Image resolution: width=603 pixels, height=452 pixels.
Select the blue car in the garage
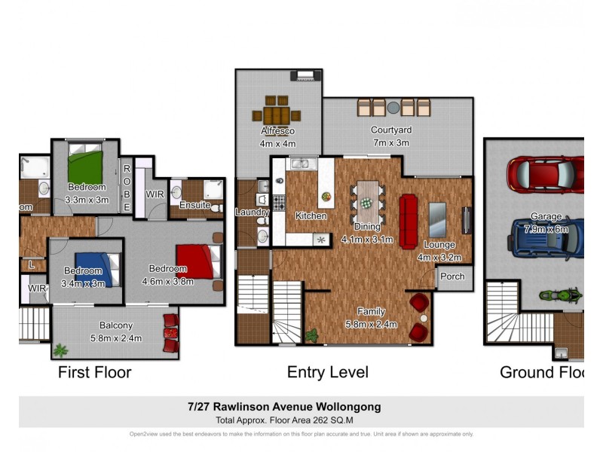coord(546,238)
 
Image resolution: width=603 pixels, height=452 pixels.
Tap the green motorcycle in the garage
coord(565,295)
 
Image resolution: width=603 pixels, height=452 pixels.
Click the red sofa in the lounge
coord(409,221)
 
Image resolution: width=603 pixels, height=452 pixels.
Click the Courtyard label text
coord(390,130)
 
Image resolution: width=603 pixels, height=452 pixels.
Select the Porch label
coord(452,276)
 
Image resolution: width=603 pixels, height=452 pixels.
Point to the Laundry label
coord(252,212)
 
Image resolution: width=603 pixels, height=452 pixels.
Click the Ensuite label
coord(194,205)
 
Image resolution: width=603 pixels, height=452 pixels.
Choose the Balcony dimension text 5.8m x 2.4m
coord(116,337)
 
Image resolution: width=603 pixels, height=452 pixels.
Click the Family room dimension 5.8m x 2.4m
coord(371,323)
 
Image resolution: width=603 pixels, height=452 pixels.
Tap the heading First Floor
coord(95,372)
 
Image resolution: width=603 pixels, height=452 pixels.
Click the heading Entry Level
coord(327,372)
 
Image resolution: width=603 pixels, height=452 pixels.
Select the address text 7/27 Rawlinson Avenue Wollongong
coord(284,407)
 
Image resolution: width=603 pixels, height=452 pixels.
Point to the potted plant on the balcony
coord(60,350)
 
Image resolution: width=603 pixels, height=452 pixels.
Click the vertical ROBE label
coord(127,187)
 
